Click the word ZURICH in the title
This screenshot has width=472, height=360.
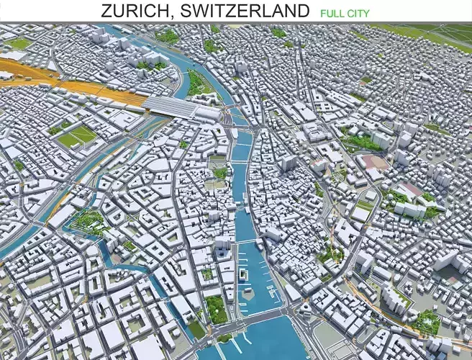click(x=136, y=11)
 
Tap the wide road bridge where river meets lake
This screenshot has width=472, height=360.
click(x=252, y=314)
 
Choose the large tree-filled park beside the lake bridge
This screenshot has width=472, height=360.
click(x=216, y=309)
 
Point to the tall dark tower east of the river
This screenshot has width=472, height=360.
click(x=288, y=163)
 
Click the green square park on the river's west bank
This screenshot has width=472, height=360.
click(x=220, y=172)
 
